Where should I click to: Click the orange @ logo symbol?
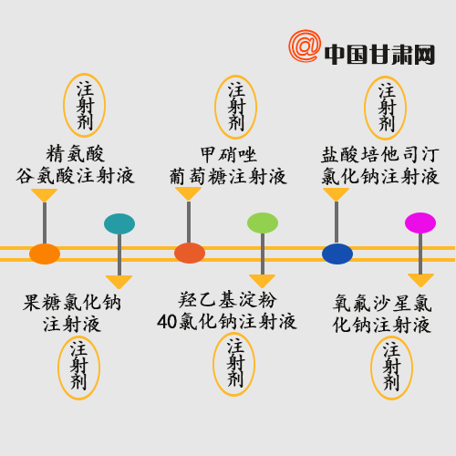[x=305, y=47]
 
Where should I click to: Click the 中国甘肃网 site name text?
[x=379, y=55]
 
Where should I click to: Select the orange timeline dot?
[x=45, y=254]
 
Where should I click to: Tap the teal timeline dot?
[x=119, y=223]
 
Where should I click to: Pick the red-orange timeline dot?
[x=190, y=253]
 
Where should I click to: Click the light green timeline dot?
[x=263, y=223]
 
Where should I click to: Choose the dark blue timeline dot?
[x=337, y=254]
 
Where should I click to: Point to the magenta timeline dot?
[x=420, y=223]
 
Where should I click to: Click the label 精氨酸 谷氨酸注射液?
[x=75, y=165]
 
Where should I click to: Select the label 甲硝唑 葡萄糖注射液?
[x=228, y=166]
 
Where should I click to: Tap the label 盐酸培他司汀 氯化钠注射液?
[x=380, y=166]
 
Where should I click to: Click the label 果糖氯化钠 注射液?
[x=72, y=313]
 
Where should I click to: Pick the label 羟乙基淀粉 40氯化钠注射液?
[x=227, y=311]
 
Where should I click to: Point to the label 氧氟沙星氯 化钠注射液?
[x=382, y=314]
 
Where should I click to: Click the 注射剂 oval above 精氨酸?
[x=84, y=105]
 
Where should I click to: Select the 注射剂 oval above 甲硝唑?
[x=236, y=107]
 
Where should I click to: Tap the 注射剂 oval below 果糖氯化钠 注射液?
[x=78, y=368]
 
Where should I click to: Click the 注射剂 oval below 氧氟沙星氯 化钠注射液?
[x=391, y=368]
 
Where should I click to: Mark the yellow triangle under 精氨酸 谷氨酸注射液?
[x=45, y=194]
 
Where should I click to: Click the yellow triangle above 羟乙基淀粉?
[x=262, y=280]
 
